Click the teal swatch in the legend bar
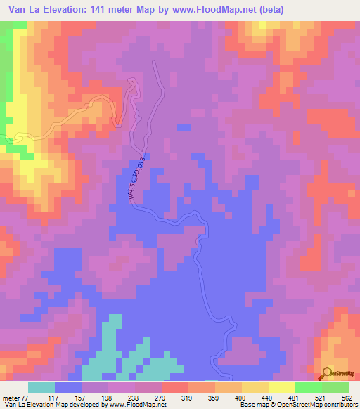[x=41, y=388]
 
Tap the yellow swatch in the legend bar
[x=282, y=388]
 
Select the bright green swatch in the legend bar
[x=309, y=388]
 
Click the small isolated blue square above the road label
[x=184, y=127]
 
